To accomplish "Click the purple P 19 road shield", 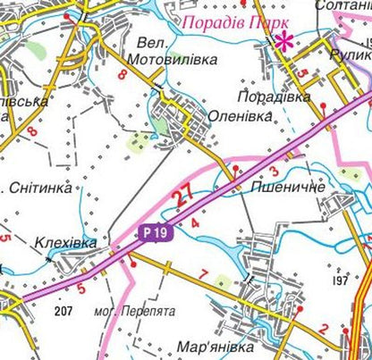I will point(155,233).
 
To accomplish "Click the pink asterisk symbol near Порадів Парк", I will point(283,39).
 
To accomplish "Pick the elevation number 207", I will point(63,310).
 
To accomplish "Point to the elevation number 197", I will point(339,281).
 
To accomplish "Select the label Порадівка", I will point(275,96).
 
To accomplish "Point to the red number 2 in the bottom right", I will point(324,329).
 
